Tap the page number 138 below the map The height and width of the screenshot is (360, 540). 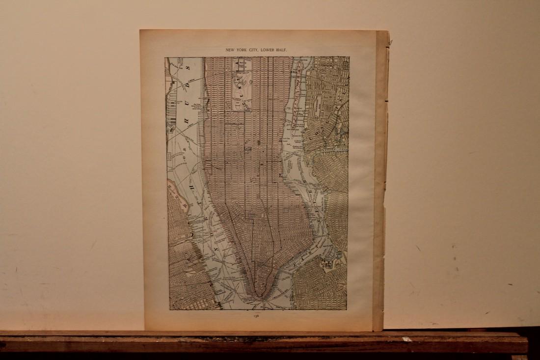pyautogui.click(x=257, y=317)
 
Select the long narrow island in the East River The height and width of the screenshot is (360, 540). pyautogui.click(x=296, y=98)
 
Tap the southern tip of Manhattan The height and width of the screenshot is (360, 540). pyautogui.click(x=260, y=297)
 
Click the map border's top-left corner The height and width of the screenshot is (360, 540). pyautogui.click(x=165, y=57)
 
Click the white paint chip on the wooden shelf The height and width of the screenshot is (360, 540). pyautogui.click(x=406, y=339)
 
